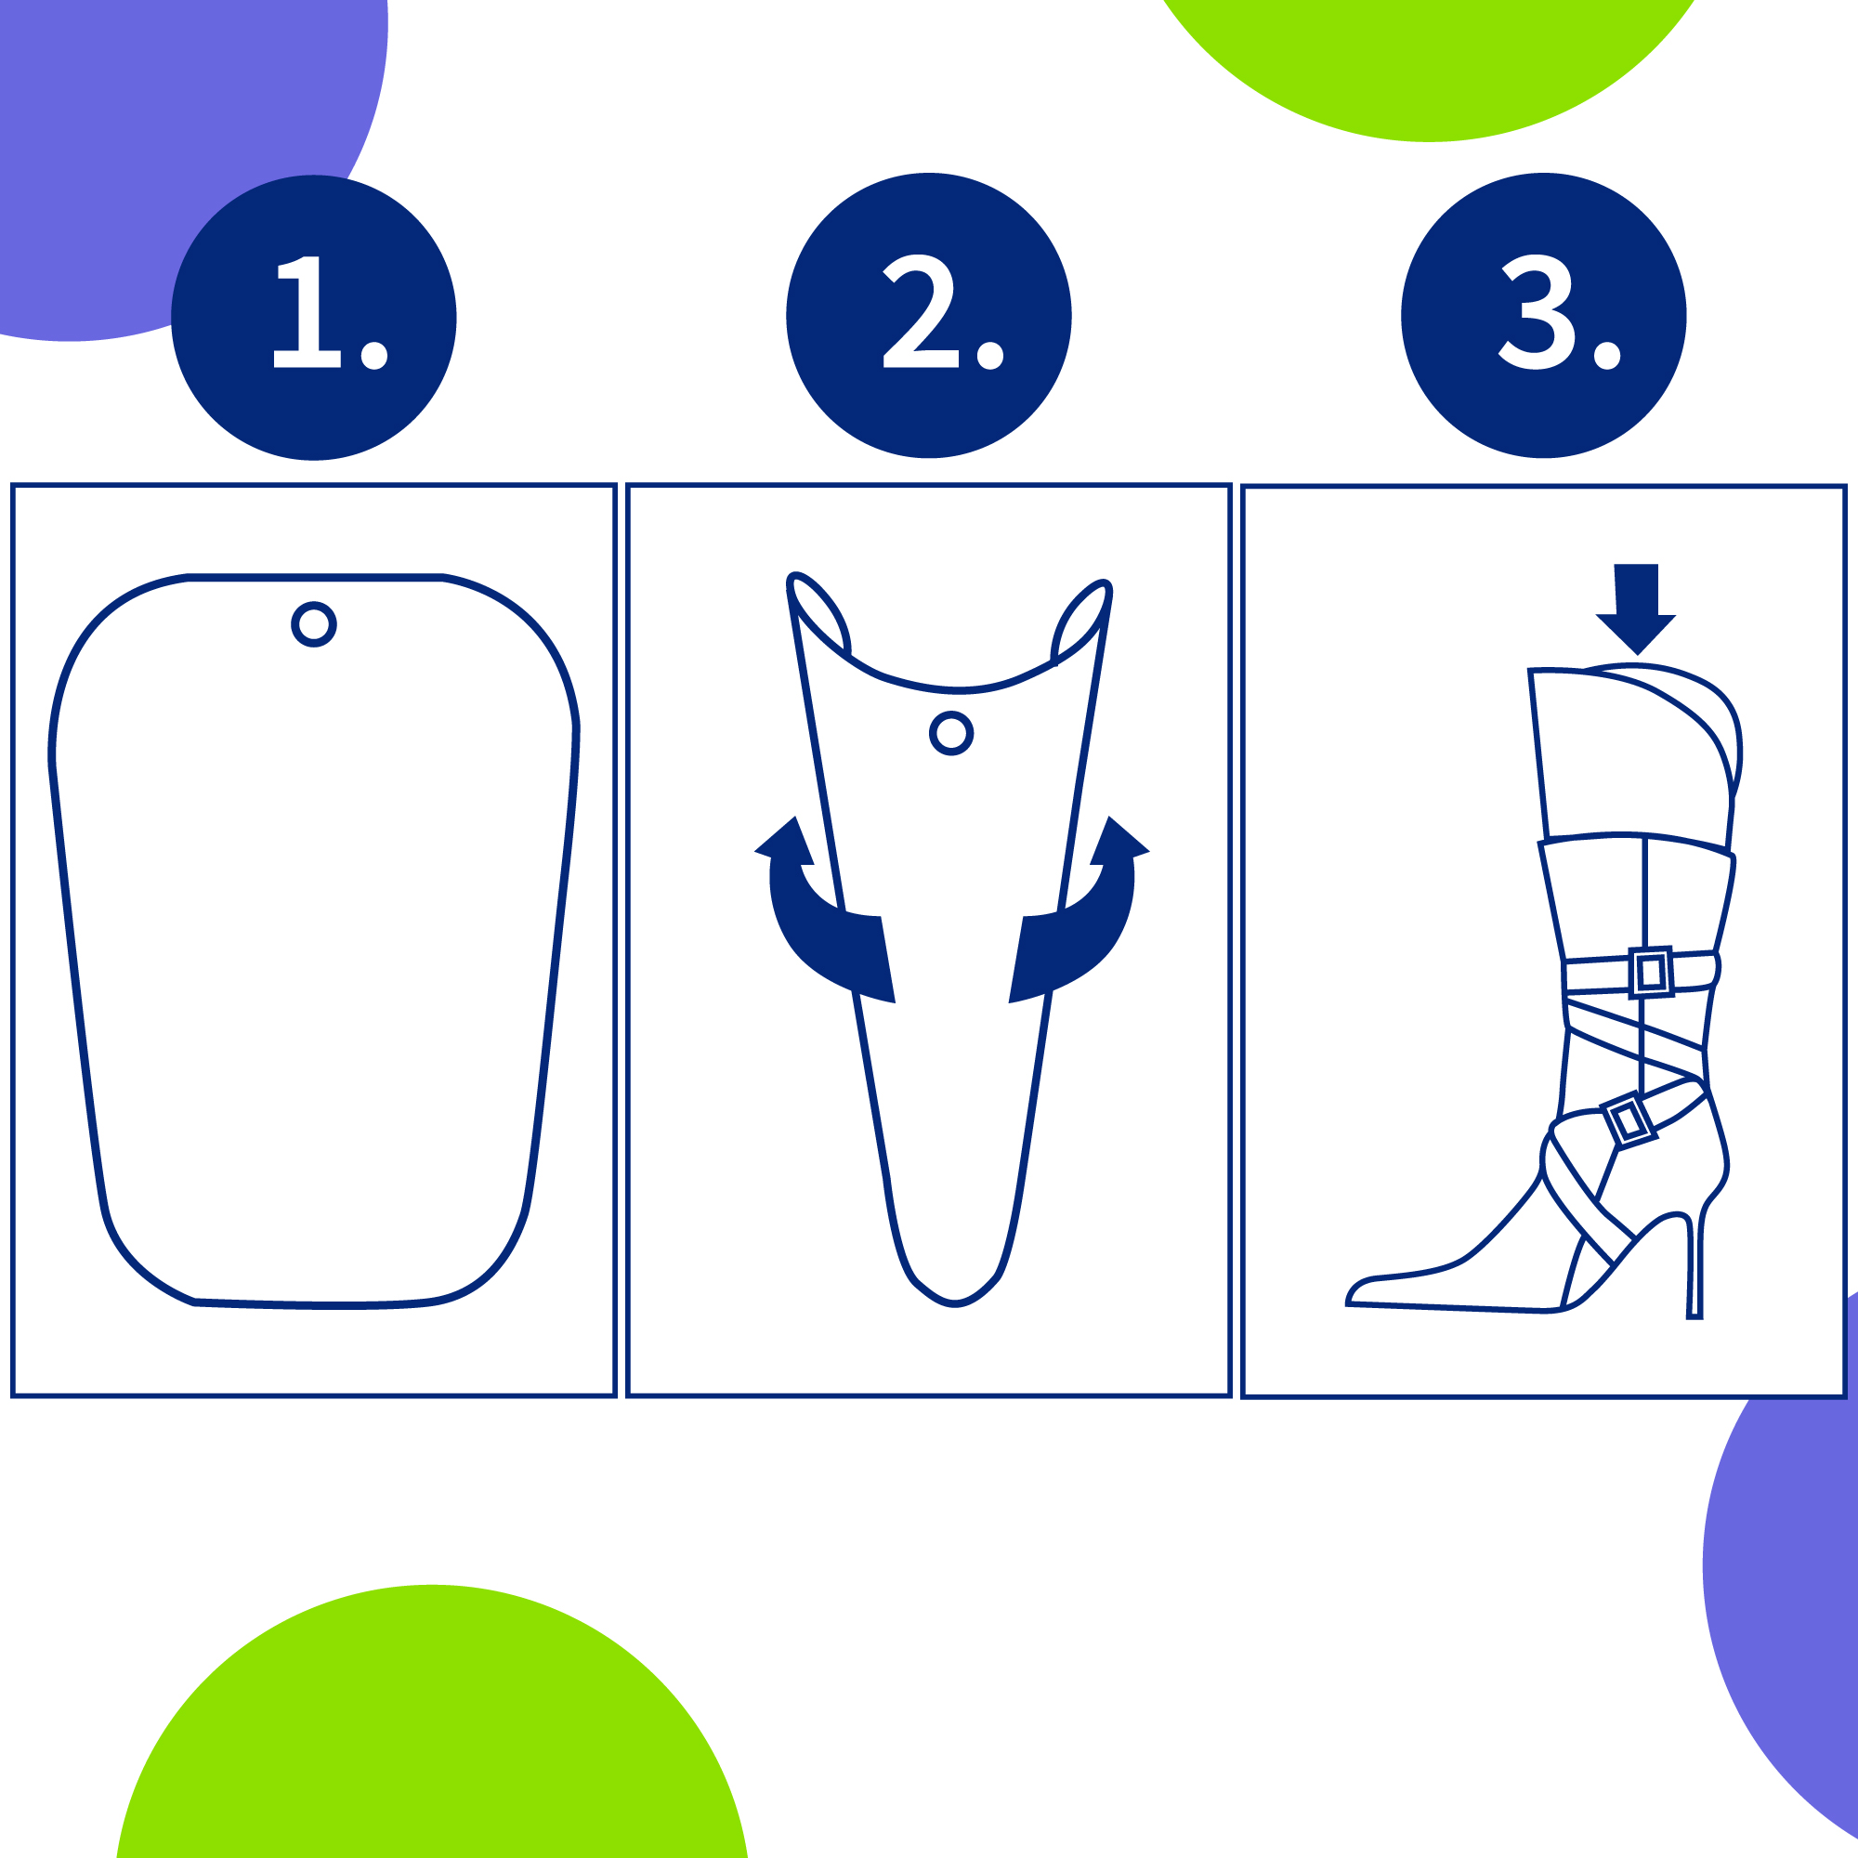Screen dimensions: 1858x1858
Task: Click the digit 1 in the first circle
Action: (x=307, y=311)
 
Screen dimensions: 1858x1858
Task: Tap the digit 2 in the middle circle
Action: (x=921, y=310)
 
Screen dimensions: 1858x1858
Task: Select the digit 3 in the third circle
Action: (x=1537, y=311)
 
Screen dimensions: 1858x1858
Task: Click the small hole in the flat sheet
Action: (x=313, y=624)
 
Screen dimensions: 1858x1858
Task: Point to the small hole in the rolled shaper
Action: (x=951, y=734)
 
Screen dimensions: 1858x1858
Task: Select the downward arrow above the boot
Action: (x=1636, y=608)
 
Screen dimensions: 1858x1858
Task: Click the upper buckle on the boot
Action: (x=1650, y=973)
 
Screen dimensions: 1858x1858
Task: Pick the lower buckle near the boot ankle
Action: (x=1629, y=1120)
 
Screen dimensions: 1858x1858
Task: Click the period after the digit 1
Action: (x=374, y=355)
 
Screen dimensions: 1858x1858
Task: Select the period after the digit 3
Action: (x=1607, y=355)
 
